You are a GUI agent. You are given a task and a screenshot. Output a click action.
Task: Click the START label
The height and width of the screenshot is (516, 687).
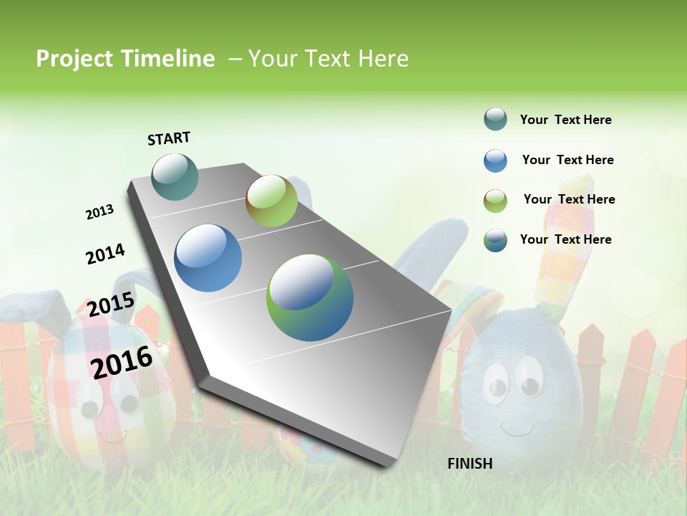[169, 138]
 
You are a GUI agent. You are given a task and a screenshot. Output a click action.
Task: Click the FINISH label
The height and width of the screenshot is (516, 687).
[469, 464]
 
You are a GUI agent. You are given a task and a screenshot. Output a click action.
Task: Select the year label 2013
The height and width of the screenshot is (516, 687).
[99, 212]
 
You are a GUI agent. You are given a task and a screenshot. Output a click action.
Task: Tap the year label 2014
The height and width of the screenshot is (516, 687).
[105, 254]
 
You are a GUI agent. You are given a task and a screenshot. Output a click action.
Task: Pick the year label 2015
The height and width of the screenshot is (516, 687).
[111, 304]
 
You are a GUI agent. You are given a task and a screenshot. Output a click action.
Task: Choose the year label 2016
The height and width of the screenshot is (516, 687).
[122, 361]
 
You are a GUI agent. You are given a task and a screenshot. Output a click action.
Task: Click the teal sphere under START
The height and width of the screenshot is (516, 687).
[175, 176]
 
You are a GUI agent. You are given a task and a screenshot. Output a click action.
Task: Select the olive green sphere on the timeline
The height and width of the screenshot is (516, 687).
[271, 201]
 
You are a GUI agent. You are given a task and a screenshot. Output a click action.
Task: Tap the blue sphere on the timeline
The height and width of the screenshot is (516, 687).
[208, 258]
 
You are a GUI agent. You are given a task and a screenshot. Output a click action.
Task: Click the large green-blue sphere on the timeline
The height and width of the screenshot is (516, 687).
[310, 297]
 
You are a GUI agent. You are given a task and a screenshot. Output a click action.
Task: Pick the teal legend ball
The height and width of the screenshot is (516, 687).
[495, 119]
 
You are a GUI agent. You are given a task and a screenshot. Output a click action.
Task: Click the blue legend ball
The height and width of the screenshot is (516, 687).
[495, 160]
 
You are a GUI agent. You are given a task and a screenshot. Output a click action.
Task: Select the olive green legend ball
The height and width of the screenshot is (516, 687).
[495, 200]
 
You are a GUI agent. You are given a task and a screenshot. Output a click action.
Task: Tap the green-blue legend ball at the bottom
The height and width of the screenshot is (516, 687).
[495, 239]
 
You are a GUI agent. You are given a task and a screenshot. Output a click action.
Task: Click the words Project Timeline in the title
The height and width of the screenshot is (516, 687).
[125, 59]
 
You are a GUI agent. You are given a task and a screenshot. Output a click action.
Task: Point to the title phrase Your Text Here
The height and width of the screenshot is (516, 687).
[328, 59]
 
